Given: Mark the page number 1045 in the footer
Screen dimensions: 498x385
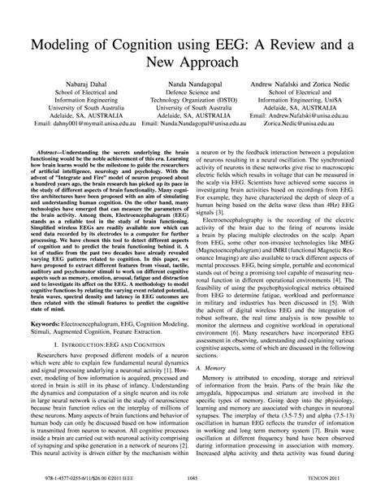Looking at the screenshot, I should point(192,481).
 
